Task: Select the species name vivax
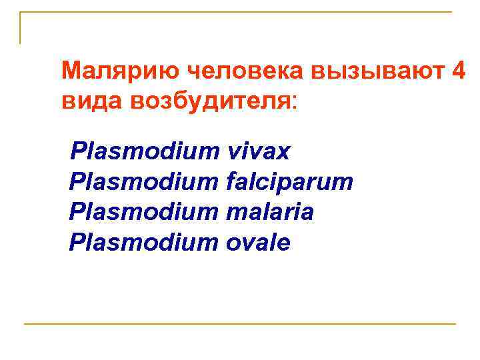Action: tap(259, 151)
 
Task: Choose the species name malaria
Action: tap(270, 213)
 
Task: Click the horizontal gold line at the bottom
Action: tap(240, 324)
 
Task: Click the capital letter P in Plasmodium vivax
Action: tap(78, 151)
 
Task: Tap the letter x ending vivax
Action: tap(285, 153)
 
